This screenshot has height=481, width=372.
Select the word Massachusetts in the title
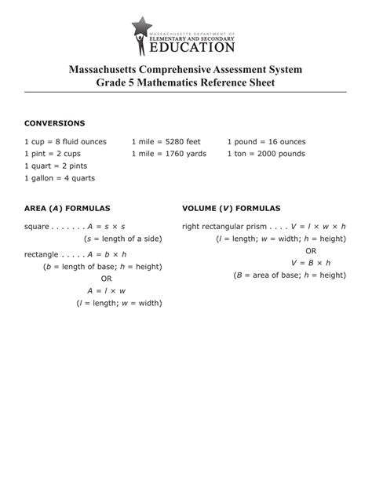click(119, 71)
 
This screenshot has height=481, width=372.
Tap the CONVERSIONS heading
click(54, 123)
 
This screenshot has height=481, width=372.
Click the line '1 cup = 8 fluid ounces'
click(65, 142)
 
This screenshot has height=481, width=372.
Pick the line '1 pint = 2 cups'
click(52, 154)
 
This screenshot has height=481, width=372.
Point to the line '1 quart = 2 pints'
click(56, 166)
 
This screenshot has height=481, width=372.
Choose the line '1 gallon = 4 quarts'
click(60, 178)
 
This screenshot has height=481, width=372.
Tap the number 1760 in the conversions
click(176, 154)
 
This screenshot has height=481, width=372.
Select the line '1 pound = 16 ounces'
click(266, 142)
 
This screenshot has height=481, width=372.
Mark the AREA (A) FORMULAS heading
click(67, 208)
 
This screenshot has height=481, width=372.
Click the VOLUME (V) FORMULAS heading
click(231, 208)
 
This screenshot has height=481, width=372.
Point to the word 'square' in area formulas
click(36, 226)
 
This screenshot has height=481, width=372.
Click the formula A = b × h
click(108, 254)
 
